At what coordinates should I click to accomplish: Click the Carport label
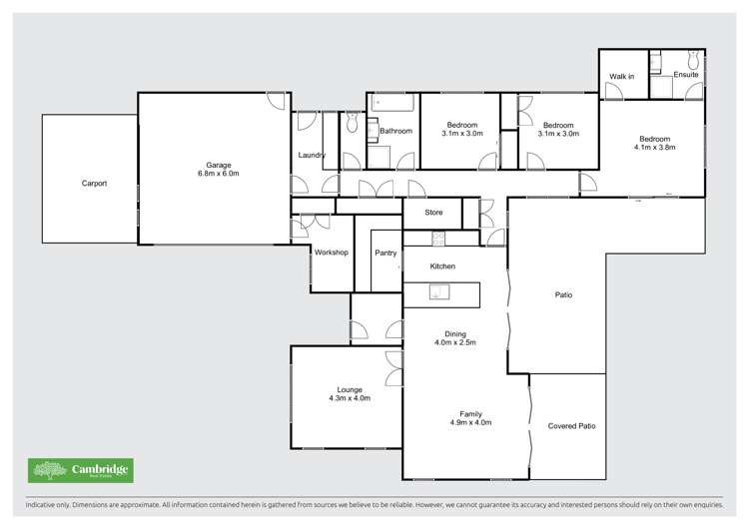(x=94, y=184)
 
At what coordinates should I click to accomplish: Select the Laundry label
(x=312, y=155)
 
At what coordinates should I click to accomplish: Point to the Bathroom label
(x=396, y=131)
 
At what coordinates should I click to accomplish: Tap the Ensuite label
(x=685, y=75)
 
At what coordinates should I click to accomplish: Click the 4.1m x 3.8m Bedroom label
(x=654, y=144)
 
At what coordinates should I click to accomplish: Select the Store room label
(x=433, y=212)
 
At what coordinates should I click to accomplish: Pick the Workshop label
(x=331, y=253)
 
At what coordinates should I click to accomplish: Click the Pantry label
(x=385, y=253)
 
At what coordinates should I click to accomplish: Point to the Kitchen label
(x=442, y=266)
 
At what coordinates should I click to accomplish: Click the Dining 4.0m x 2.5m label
(x=454, y=338)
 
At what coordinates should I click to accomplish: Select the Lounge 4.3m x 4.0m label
(x=350, y=393)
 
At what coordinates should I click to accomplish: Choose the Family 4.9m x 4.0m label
(x=469, y=417)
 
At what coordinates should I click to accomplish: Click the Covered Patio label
(x=571, y=426)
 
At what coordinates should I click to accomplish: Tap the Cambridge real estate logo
(x=80, y=470)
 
